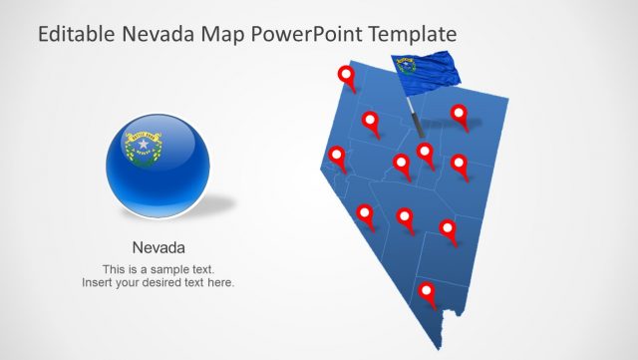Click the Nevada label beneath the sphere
click(x=159, y=247)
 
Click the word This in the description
click(x=115, y=269)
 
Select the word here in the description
click(x=218, y=283)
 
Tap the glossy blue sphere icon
click(x=159, y=164)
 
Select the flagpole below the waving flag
click(x=415, y=112)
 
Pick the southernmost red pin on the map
click(x=428, y=292)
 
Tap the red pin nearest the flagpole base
click(x=425, y=152)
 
